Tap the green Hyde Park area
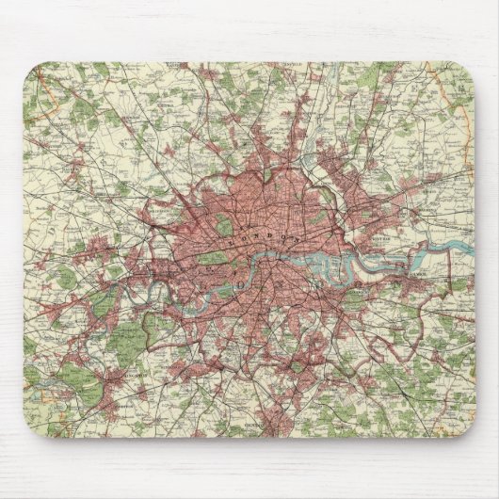215,257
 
